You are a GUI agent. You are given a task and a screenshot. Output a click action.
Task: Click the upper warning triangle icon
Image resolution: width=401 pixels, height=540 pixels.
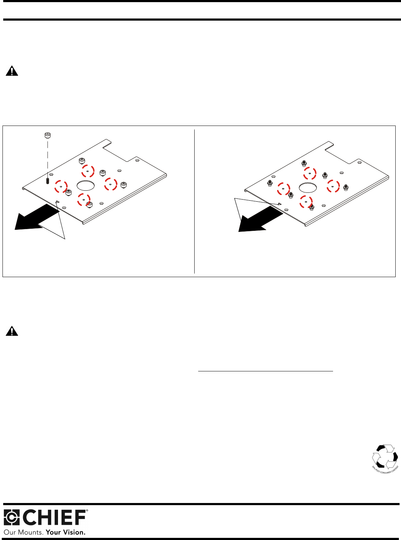[x=12, y=71]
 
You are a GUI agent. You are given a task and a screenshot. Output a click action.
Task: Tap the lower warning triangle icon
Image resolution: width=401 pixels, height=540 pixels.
[x=12, y=331]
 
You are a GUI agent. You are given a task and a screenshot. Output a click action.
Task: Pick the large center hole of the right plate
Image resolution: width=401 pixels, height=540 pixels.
[x=308, y=187]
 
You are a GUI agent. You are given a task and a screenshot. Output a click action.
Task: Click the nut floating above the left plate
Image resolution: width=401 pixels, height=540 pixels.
[x=47, y=135]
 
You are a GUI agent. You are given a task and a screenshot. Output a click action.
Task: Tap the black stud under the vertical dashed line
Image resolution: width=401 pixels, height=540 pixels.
[x=47, y=181]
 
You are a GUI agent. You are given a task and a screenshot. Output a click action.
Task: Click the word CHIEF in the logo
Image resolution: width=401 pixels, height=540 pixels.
[x=55, y=518]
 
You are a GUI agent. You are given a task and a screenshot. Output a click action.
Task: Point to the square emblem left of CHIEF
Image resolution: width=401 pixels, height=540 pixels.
[x=12, y=518]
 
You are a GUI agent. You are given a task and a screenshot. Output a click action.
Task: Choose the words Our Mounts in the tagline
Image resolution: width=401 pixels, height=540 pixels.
[x=23, y=533]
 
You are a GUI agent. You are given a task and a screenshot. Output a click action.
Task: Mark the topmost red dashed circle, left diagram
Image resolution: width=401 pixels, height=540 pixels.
[x=88, y=171]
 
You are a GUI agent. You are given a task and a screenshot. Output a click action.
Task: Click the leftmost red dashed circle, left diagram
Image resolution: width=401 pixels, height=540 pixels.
[x=61, y=186]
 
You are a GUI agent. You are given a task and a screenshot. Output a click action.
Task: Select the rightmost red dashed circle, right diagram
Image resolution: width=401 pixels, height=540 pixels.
[x=333, y=186]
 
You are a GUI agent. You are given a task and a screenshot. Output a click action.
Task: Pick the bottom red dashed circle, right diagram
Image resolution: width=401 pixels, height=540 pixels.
[x=306, y=202]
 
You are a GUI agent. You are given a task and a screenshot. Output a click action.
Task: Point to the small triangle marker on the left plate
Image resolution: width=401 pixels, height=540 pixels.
[x=57, y=202]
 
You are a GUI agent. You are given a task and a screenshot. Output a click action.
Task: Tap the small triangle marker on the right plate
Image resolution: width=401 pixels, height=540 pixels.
[x=280, y=204]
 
